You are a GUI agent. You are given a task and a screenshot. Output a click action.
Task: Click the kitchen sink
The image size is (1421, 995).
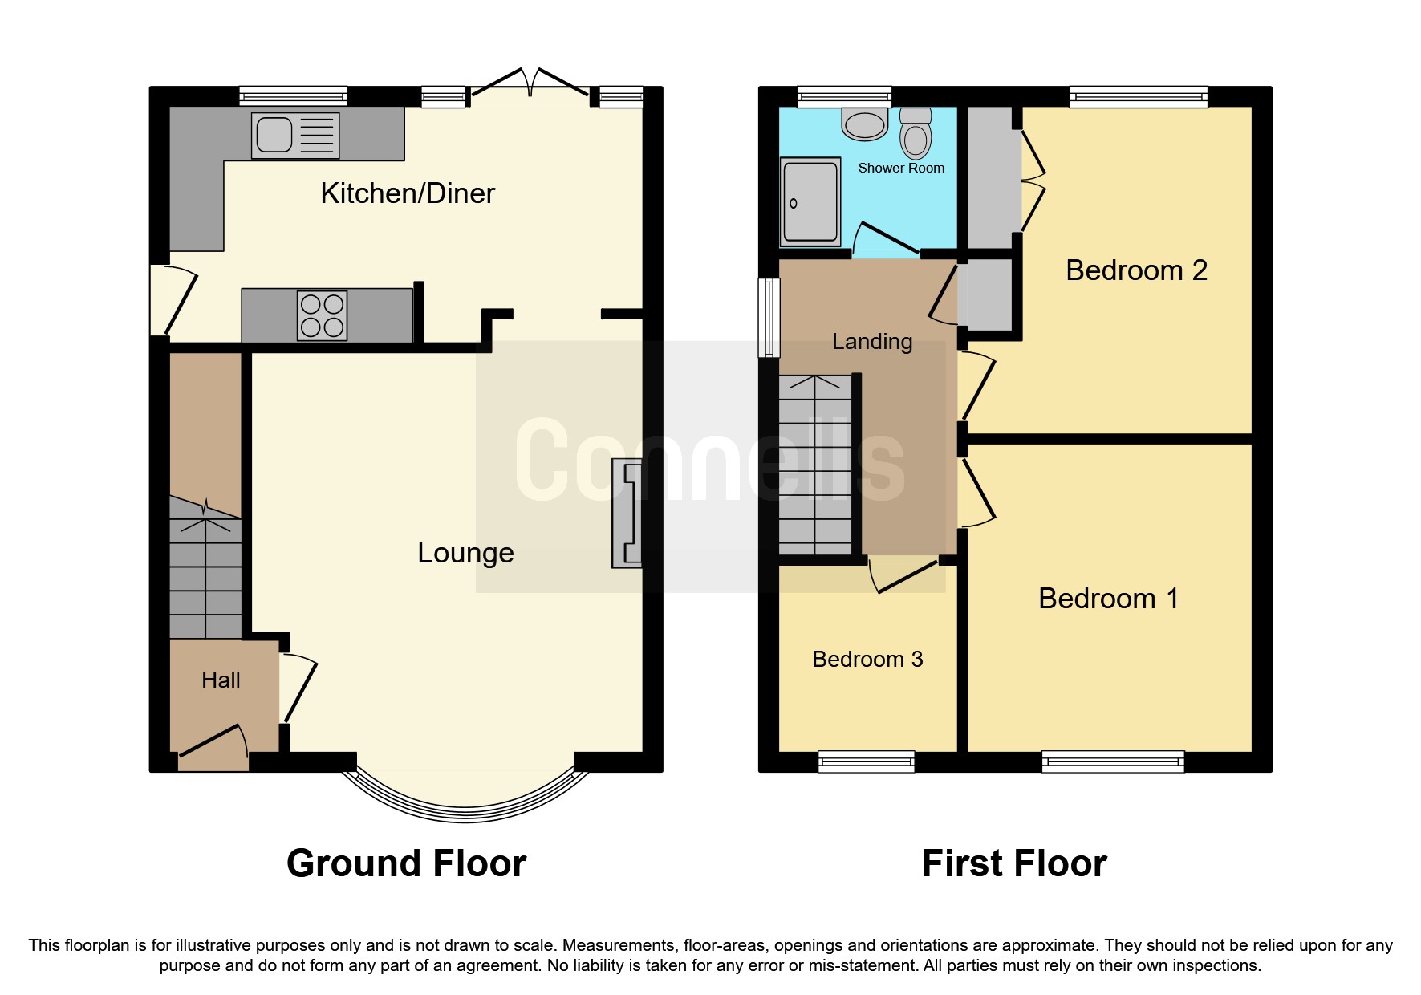pyautogui.click(x=294, y=135)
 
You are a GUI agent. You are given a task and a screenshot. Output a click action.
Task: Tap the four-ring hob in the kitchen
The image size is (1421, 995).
pyautogui.click(x=323, y=315)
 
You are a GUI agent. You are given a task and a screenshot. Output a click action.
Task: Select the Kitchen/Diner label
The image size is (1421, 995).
pyautogui.click(x=408, y=193)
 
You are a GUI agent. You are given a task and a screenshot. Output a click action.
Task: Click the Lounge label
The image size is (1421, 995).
pyautogui.click(x=465, y=553)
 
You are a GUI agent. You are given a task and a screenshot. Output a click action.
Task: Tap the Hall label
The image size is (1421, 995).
pyautogui.click(x=221, y=680)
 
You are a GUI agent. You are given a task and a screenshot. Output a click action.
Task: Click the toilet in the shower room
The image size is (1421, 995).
pyautogui.click(x=916, y=133)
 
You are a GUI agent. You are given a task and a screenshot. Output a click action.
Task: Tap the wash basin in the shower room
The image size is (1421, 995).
pyautogui.click(x=864, y=124)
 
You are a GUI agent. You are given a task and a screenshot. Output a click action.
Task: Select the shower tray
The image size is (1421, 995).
pyautogui.click(x=810, y=201)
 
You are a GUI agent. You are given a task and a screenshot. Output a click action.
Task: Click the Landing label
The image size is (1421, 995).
pyautogui.click(x=872, y=342)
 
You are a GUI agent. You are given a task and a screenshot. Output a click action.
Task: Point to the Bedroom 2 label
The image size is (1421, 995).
pyautogui.click(x=1136, y=270)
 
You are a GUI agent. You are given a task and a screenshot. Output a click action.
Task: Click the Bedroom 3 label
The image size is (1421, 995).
pyautogui.click(x=867, y=660)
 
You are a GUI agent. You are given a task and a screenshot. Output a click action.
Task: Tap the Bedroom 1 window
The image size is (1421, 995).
pyautogui.click(x=1112, y=761)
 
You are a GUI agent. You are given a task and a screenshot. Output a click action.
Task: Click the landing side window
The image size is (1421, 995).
pyautogui.click(x=769, y=318)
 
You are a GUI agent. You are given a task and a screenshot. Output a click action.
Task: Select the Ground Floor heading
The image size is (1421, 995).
pyautogui.click(x=406, y=863)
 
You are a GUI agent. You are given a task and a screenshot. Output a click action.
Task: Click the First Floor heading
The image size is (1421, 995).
pyautogui.click(x=1014, y=863)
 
